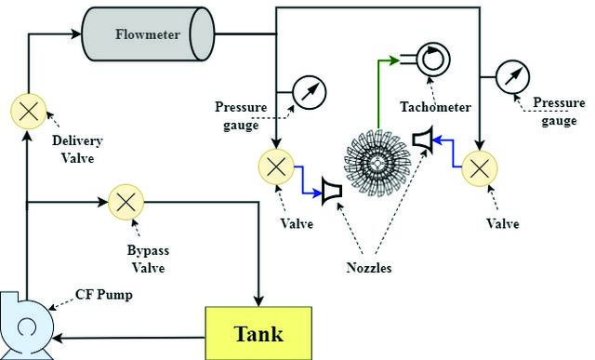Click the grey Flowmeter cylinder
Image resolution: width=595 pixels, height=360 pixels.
pos(149,34)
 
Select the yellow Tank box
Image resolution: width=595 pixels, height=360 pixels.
pos(258,333)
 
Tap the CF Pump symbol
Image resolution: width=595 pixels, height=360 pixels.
pos(26,326)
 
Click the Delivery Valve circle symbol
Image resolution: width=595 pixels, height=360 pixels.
pos(29,112)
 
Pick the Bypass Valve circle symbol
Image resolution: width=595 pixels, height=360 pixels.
pos(126,202)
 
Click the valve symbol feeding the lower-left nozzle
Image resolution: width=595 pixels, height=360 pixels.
pos(276,167)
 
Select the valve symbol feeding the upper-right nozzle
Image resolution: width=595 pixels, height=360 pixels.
pos(480,168)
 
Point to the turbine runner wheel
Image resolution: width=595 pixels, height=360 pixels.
pos(377,163)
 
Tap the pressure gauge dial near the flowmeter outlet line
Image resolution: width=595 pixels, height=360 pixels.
pos(310,92)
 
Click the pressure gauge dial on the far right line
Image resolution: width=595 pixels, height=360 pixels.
pos(512,76)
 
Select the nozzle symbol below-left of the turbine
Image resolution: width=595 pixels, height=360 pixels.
pos(332,191)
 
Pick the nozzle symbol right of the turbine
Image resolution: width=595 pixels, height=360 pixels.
pos(423,140)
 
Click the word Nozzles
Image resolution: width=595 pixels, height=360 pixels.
pos(368,268)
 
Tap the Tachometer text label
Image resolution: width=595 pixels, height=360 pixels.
pos(436,107)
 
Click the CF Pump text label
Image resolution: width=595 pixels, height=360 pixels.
pos(104,294)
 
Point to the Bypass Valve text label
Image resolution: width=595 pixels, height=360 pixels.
pos(148,259)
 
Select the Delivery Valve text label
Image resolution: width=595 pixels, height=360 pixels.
pos(78,149)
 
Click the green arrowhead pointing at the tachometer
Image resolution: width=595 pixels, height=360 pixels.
pos(394,60)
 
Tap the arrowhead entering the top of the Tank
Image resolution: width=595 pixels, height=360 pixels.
pos(258,301)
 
